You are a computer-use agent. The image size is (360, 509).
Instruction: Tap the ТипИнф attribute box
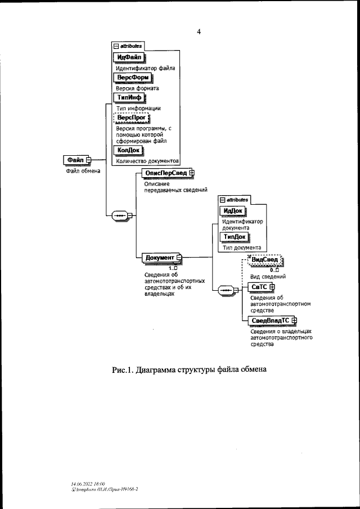129,97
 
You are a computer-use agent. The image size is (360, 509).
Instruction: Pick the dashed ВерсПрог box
129,118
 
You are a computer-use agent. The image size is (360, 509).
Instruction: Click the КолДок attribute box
128,151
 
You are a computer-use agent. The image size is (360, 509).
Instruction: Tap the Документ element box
160,258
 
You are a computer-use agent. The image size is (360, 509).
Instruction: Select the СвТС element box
259,287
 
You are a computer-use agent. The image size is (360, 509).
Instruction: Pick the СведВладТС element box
269,321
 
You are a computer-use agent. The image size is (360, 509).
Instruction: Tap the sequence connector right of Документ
227,291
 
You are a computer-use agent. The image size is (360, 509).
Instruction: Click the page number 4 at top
199,32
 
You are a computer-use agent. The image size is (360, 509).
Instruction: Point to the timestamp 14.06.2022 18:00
88,484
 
